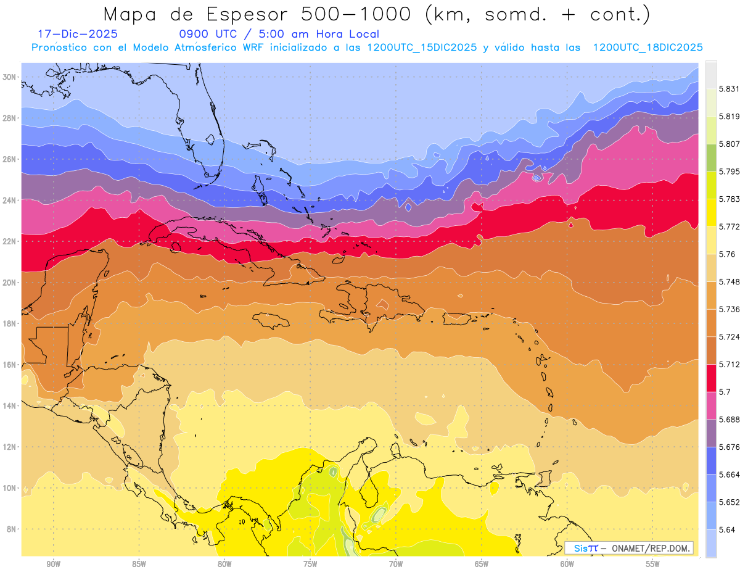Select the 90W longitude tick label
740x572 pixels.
[53, 563]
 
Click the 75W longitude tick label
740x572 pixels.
[310, 563]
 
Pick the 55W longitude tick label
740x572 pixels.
[653, 563]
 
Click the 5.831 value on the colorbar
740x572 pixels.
[729, 89]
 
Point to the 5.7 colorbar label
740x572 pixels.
[725, 392]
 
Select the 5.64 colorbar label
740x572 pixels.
[726, 529]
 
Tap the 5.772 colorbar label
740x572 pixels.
[729, 226]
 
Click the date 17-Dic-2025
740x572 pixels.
[77, 34]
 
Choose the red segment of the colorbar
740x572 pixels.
[711, 378]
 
